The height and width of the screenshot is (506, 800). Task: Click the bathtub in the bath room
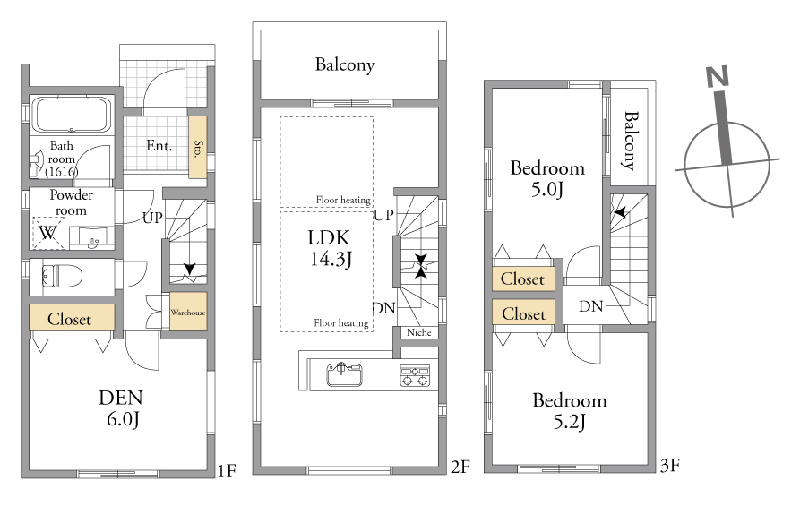pos(72,115)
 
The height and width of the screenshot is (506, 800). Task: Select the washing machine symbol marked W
pos(49,233)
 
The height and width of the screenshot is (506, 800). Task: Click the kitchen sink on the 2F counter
pos(344,374)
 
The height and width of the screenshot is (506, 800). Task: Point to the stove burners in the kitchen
pos(415,376)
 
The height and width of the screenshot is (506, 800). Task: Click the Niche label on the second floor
pos(419,332)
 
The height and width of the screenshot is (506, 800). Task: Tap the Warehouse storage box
pos(188,311)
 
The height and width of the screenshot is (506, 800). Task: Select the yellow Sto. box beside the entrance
pos(198,148)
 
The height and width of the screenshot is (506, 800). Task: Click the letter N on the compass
pos(718,76)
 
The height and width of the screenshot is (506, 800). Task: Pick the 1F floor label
pos(227,470)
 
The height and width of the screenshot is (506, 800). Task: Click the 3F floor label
pos(669,465)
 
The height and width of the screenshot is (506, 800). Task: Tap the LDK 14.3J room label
pos(330,248)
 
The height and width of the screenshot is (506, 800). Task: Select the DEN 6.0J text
pos(121,408)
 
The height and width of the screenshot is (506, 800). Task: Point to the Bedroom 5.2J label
pos(570,410)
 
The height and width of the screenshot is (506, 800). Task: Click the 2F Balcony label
pos(345,64)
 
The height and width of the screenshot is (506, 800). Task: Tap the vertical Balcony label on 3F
pos(631,141)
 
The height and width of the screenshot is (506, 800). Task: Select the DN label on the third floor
pos(590,306)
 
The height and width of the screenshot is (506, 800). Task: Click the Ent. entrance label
pos(159,146)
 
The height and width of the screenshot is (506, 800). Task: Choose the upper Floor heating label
pos(343,200)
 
